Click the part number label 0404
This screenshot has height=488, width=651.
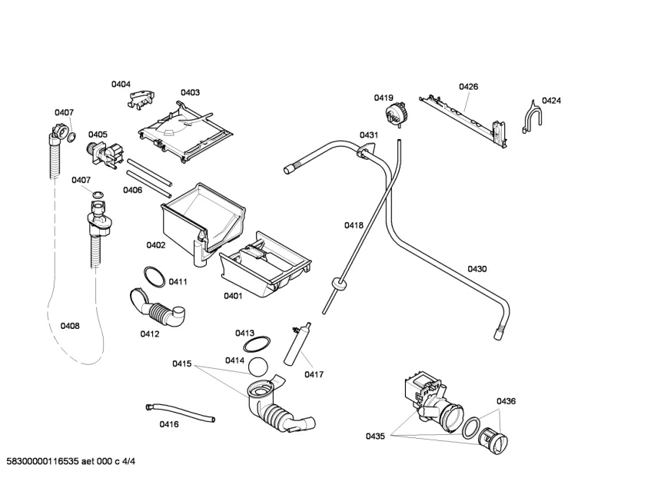121,84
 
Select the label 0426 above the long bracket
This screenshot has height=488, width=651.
468,87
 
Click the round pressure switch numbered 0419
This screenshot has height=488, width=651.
397,115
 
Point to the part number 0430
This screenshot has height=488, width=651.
477,269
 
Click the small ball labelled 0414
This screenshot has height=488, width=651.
261,367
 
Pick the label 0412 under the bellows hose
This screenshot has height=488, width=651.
149,334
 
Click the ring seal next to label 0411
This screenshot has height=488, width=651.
153,276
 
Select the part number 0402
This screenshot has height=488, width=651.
156,245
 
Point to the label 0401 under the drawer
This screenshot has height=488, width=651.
233,296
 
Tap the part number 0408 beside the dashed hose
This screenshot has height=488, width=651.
70,326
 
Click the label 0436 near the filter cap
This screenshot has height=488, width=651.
506,401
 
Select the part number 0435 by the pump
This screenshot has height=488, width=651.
375,437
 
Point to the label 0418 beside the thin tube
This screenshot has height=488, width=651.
354,225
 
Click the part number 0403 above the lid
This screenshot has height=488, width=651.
190,92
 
